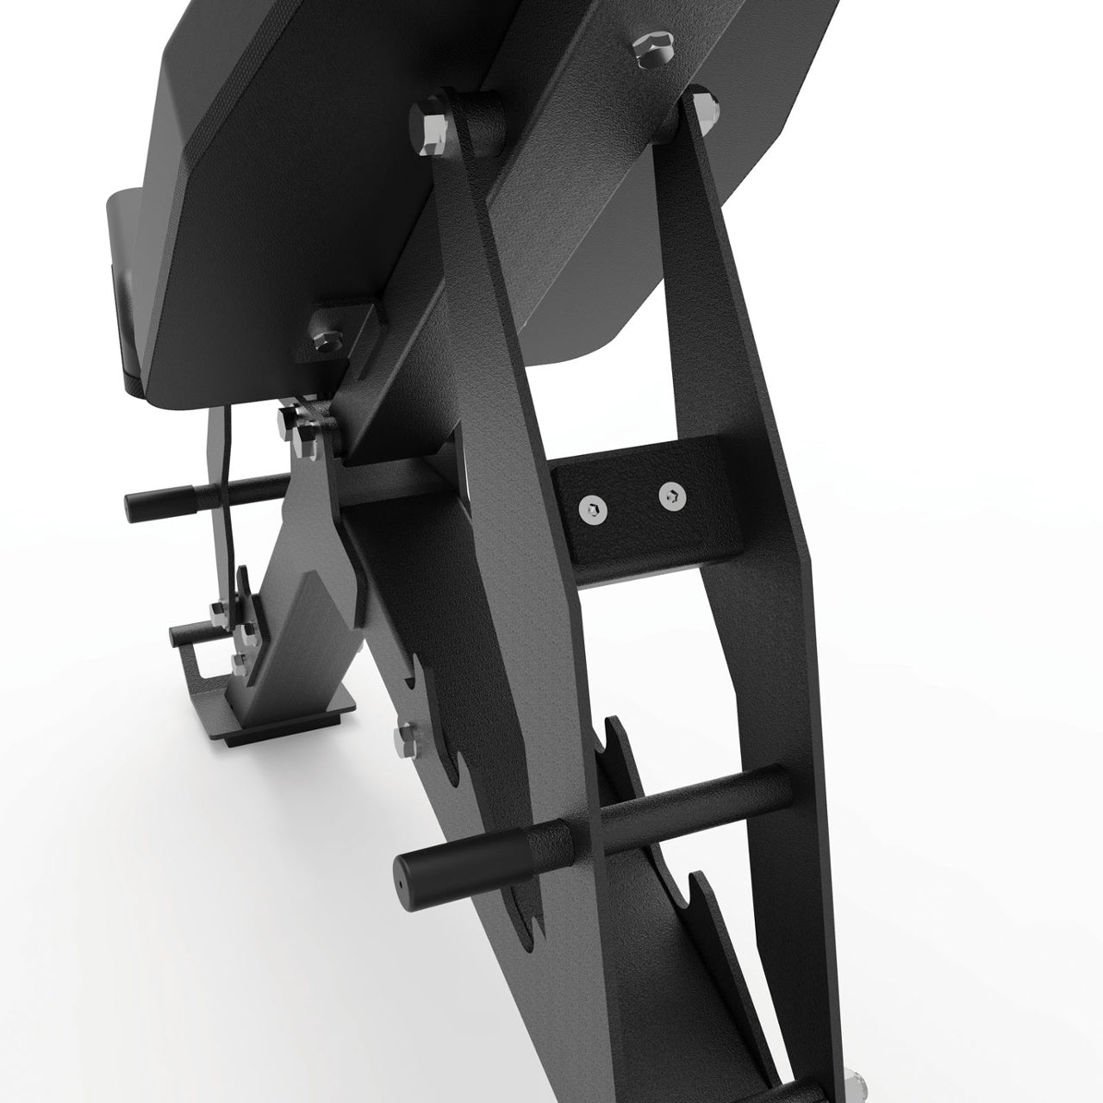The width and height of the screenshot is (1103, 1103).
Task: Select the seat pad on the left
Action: tap(129, 284)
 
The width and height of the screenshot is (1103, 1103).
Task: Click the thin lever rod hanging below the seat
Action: tap(226, 483)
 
